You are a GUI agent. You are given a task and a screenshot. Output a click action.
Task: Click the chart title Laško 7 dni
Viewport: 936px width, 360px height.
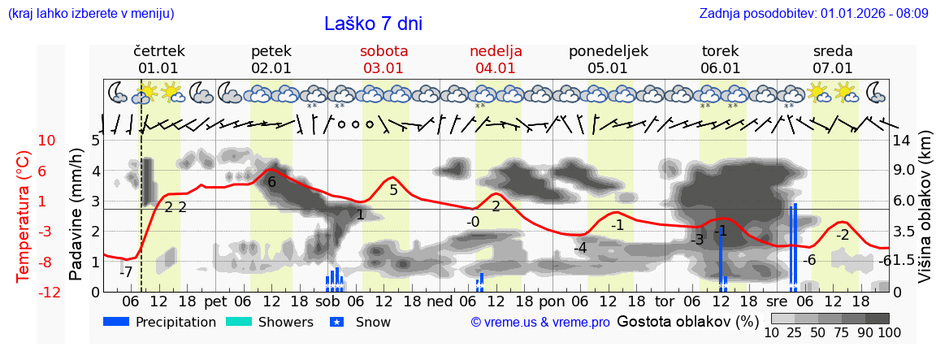point(373,24)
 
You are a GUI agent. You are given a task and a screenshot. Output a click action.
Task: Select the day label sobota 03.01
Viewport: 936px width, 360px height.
point(383,59)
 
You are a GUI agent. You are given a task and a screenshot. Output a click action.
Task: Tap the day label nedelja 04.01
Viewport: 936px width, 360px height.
point(496,59)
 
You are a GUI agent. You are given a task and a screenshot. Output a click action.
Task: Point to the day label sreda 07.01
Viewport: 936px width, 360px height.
point(833,59)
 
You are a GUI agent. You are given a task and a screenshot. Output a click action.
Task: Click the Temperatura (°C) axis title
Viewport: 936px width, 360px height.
point(24,215)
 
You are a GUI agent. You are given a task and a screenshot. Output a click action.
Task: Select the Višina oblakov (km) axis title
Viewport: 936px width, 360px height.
point(925,215)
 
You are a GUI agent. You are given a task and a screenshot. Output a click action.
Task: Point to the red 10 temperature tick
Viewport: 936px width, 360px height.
point(46,141)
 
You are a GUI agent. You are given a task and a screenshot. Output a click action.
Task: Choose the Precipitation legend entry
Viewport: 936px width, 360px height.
point(160,322)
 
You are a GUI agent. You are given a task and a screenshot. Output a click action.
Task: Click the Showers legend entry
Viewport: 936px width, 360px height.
point(269,322)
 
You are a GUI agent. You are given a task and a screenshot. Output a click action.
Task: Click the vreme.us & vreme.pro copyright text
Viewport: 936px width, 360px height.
point(540,322)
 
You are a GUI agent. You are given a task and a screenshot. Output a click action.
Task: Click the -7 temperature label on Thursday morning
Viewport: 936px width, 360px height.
point(126,272)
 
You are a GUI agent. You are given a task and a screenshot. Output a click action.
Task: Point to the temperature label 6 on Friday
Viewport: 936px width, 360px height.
point(272,183)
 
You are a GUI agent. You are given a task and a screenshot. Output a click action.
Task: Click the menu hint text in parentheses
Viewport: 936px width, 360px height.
point(91,14)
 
